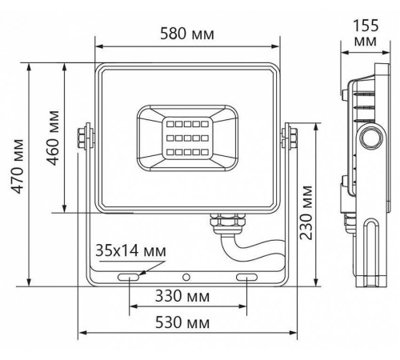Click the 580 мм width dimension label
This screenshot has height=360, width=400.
(187, 34)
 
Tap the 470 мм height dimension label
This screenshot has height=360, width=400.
(18, 166)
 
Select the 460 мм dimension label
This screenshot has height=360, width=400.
(53, 138)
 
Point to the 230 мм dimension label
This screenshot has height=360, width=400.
(306, 213)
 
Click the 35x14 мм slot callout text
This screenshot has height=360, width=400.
(130, 250)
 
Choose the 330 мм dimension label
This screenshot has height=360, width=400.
(182, 296)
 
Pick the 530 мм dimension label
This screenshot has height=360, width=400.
(182, 322)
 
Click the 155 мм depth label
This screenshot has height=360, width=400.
(366, 33)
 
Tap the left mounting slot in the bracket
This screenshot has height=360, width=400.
(129, 278)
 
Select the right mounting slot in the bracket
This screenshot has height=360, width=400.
(246, 278)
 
